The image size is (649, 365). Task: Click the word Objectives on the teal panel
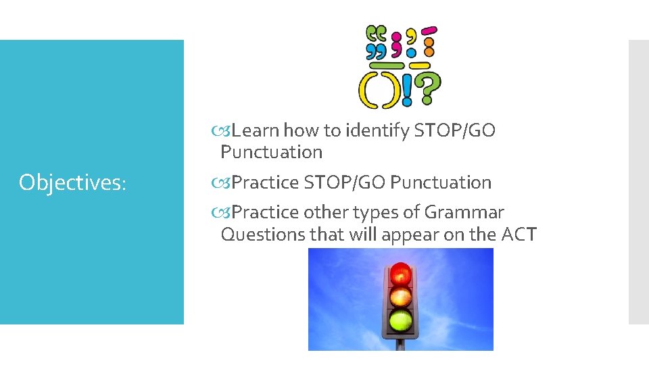[73, 182]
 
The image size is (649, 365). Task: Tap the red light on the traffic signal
[401, 274]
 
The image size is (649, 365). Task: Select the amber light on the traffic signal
[401, 297]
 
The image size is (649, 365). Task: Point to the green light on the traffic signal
[401, 319]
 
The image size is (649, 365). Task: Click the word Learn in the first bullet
[256, 130]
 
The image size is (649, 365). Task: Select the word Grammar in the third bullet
[464, 212]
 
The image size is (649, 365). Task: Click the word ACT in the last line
[519, 235]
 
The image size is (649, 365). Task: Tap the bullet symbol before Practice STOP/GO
[225, 182]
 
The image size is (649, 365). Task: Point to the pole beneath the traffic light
[401, 344]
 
